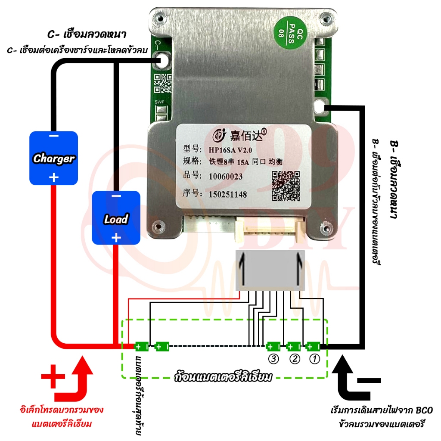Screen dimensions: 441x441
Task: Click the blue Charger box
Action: point(53,158)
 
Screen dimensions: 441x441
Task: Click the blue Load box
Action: point(116,218)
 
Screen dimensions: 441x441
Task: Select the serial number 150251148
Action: point(228,195)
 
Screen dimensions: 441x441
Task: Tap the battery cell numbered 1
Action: point(313,346)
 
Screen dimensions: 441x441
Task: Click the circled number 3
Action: point(273,359)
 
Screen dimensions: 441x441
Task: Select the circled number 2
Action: point(294,359)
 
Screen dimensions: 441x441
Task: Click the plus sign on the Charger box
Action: point(54,177)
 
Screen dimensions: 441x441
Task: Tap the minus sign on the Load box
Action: point(116,197)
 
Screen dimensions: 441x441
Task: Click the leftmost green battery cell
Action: point(142,346)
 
